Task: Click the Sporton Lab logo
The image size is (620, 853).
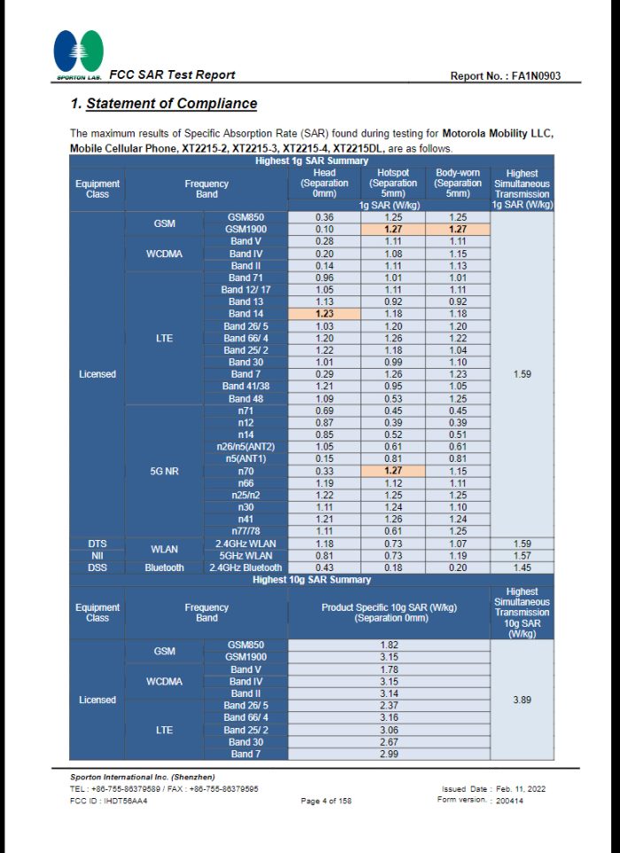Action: (x=78, y=53)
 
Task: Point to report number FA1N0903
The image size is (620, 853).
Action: (x=506, y=76)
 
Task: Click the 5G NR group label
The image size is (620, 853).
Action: (x=165, y=471)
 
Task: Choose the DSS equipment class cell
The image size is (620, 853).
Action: (x=97, y=567)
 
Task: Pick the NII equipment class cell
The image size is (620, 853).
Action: (x=97, y=555)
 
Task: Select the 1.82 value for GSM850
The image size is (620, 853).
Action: (x=389, y=645)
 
